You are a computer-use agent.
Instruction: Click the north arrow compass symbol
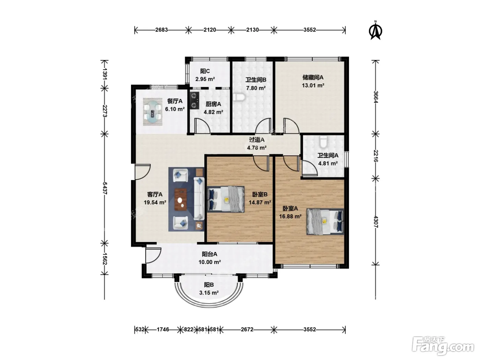click(x=376, y=31)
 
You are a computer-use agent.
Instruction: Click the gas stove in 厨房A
click(x=194, y=100)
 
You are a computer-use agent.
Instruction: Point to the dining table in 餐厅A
click(x=153, y=112)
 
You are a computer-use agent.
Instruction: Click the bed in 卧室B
click(x=226, y=199)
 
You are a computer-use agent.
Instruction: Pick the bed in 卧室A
click(x=325, y=221)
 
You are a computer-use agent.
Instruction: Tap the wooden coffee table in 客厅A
click(x=181, y=199)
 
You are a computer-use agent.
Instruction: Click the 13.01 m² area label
click(x=313, y=85)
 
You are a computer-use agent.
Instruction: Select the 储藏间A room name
click(x=313, y=77)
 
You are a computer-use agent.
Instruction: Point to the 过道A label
click(x=257, y=140)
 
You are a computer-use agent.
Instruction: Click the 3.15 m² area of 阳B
click(x=209, y=293)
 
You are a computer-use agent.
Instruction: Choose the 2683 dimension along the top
click(x=161, y=30)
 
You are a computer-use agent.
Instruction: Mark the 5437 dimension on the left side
click(x=105, y=188)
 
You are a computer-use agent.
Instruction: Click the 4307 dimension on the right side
click(x=376, y=222)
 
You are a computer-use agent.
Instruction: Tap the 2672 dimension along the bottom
click(x=247, y=329)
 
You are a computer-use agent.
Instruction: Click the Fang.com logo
click(x=443, y=346)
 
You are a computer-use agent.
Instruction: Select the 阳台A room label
click(x=209, y=254)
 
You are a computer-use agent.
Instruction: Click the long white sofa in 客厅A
click(x=199, y=199)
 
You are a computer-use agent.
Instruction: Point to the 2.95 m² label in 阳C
click(x=205, y=79)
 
